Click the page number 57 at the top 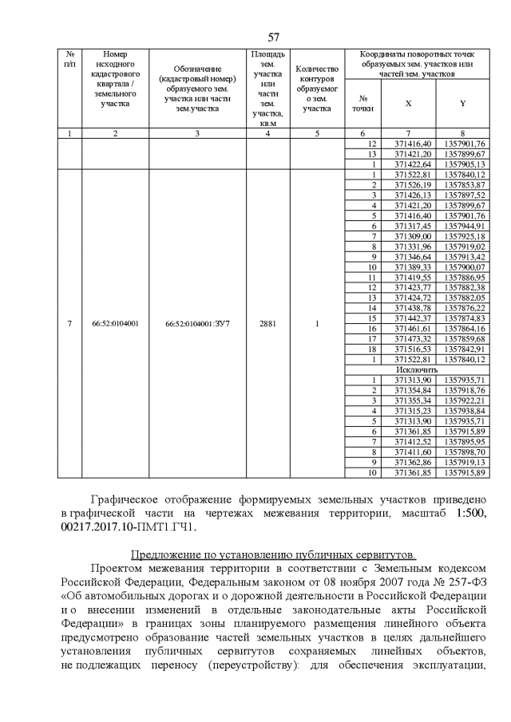(x=273, y=37)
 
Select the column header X (x=408, y=104)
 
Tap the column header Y (x=462, y=104)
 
